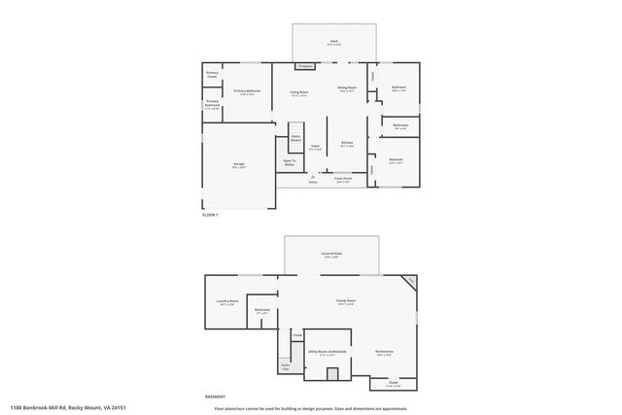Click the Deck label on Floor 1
(x=334, y=42)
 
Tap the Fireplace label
(x=304, y=67)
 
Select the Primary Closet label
(x=211, y=74)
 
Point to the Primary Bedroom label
(x=247, y=91)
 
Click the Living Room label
(x=298, y=93)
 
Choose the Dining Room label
(x=347, y=88)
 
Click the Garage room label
(x=238, y=165)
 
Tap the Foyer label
(x=315, y=148)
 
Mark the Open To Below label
(x=289, y=162)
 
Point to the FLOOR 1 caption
(x=209, y=214)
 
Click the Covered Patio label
(x=331, y=255)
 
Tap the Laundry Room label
(x=227, y=302)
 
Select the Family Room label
(x=345, y=302)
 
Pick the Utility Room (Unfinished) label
(x=327, y=352)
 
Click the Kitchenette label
(x=384, y=352)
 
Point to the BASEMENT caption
(x=215, y=397)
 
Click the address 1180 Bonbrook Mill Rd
(x=68, y=407)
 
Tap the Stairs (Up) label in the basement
(x=286, y=367)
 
